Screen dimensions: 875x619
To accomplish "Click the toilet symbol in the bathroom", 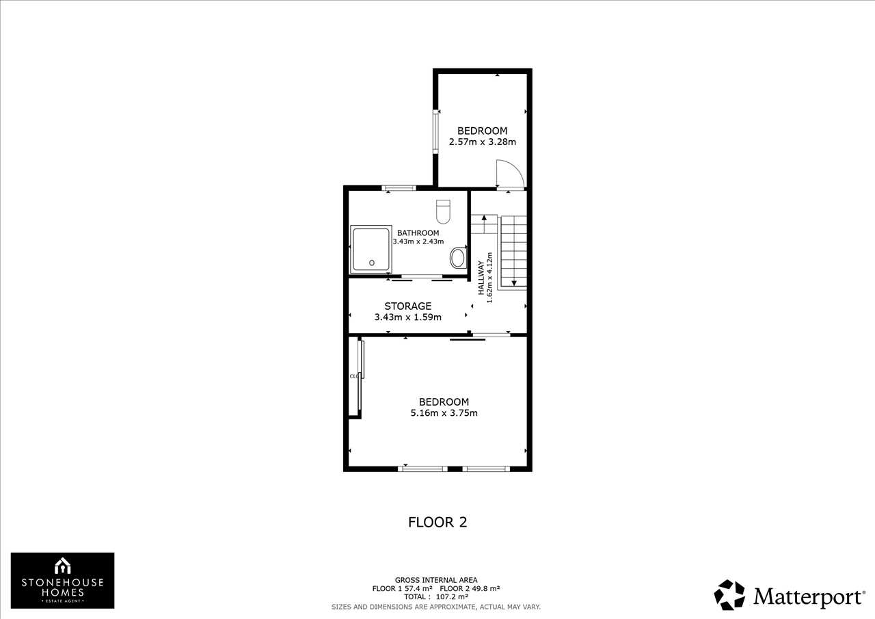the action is [443, 211].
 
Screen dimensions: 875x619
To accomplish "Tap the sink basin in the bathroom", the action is [458, 258].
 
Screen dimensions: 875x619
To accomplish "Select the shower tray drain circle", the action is [372, 263].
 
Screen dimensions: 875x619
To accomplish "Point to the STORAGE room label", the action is [408, 306].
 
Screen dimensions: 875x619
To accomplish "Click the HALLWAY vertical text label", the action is [481, 278].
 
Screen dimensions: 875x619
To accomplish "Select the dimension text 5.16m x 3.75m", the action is [444, 412].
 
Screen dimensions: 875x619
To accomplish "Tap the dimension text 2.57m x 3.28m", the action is [483, 142].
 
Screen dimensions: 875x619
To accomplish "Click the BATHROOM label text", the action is [418, 233].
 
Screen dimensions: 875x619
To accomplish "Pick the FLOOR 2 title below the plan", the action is [437, 522].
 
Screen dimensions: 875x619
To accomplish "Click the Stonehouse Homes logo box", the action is [62, 580].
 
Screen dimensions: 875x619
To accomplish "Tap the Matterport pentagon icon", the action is [729, 595].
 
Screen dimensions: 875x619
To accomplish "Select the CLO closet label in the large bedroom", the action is [354, 376].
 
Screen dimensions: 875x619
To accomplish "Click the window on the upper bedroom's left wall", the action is [435, 131].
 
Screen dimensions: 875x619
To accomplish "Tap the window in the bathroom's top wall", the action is [399, 188].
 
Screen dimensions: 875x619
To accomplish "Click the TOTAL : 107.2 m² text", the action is [436, 596].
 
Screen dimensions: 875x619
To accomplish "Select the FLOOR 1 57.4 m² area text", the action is [403, 588].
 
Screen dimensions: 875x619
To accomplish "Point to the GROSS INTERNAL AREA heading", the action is [436, 580].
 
